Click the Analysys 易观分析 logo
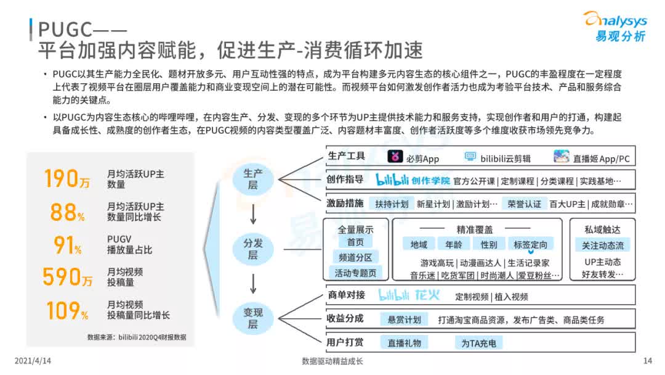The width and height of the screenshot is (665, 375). [x=614, y=26]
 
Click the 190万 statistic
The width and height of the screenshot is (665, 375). [x=67, y=178]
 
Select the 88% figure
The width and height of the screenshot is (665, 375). [x=67, y=212]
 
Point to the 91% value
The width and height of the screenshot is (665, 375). [x=67, y=245]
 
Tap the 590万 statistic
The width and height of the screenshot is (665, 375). [x=67, y=277]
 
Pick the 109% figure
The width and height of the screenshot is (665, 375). [x=67, y=310]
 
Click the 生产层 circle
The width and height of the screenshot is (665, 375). [x=252, y=178]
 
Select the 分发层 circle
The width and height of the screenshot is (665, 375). [x=252, y=249]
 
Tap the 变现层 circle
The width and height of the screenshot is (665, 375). [x=252, y=318]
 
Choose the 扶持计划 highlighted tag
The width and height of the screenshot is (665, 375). [x=392, y=204]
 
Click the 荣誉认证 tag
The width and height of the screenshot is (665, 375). [x=524, y=204]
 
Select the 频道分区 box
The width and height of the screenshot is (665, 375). [x=355, y=257]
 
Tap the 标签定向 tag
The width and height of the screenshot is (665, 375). [x=530, y=244]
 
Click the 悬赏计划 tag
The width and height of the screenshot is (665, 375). [x=404, y=319]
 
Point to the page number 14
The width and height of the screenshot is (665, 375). [x=647, y=361]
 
